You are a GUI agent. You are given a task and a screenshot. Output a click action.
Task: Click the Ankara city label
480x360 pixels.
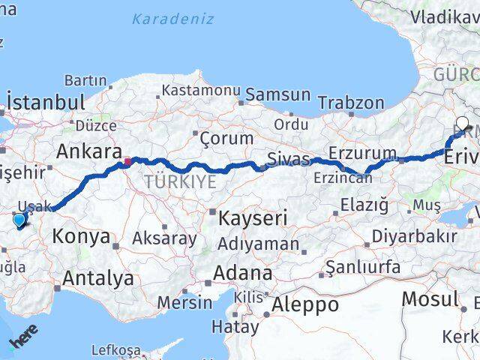coord(88,151)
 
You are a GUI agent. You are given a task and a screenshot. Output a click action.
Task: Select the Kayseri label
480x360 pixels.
coord(253,219)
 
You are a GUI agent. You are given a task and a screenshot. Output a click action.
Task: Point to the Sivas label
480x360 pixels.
coord(289,160)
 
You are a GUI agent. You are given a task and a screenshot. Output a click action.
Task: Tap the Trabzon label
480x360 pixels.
coord(350,102)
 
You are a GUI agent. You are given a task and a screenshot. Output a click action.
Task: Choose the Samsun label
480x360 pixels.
coord(277,94)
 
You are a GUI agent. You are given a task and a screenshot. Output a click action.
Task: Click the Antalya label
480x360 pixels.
coord(98,278)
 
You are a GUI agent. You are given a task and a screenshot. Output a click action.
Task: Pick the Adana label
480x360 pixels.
coord(242,272)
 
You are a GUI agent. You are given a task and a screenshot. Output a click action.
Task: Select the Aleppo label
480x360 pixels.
coord(305,304)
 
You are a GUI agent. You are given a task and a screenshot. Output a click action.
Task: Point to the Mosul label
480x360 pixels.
coord(430,298)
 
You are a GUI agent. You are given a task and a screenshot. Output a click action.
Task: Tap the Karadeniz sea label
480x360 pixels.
coord(172,19)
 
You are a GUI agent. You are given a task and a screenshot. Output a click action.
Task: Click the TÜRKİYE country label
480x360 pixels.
coord(180,181)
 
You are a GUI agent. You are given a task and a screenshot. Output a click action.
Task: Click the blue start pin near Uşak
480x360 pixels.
coord(19,220)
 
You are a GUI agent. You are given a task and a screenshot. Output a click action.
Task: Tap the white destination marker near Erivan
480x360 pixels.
coord(461,124)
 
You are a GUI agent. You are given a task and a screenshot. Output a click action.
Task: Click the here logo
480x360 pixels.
coord(24,340)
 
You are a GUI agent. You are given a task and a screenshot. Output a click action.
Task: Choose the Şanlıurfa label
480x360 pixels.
coord(363,266)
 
